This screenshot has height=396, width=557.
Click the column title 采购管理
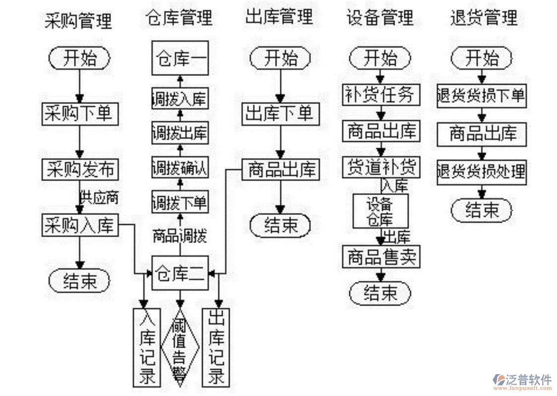coord(78,20)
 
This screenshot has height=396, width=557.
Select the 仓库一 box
coord(180,58)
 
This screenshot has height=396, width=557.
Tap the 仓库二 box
coord(180,273)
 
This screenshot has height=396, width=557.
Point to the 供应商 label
coord(100,198)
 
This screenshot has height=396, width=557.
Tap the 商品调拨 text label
coord(180,235)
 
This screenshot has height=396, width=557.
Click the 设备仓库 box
coord(380,211)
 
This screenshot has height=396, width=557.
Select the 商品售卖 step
coord(380,257)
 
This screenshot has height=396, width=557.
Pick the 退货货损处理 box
coord(481,171)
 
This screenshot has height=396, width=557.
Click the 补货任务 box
coord(380,94)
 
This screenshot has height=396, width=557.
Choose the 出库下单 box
coord(280,114)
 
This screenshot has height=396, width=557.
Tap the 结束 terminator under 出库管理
coord(280,225)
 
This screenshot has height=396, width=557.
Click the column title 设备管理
coord(380,18)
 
